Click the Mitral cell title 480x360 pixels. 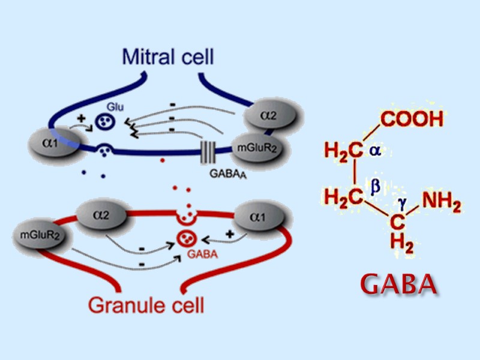pyautogui.click(x=168, y=58)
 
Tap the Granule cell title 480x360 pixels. pyautogui.click(x=146, y=305)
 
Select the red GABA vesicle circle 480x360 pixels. pyautogui.click(x=185, y=240)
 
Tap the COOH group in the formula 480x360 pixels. pyautogui.click(x=411, y=119)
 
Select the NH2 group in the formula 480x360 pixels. pyautogui.click(x=441, y=205)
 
